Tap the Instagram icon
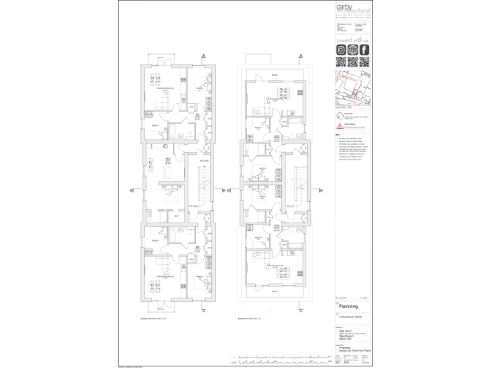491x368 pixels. click(340, 50)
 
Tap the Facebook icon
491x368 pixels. click(364, 50)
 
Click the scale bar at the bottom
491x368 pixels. click(288, 359)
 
